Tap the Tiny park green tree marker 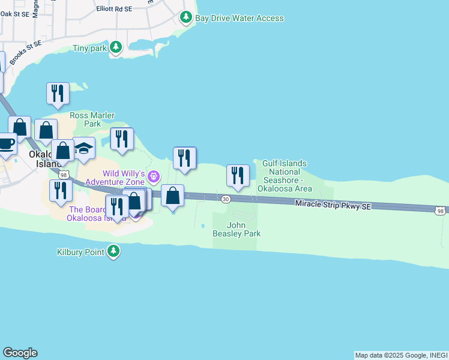tap(116, 47)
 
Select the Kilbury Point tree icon tap(113, 252)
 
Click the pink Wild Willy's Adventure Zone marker tap(154, 176)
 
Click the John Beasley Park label tap(237, 230)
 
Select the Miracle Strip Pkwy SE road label tap(333, 205)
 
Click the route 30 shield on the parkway tap(226, 199)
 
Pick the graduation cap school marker tap(84, 149)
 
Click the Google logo tap(20, 353)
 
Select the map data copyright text tap(401, 355)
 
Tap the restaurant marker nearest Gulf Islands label tap(238, 176)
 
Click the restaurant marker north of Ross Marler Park tap(58, 94)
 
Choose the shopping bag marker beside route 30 tap(172, 196)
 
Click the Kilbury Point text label tap(80, 252)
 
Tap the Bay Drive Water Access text tap(239, 18)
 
